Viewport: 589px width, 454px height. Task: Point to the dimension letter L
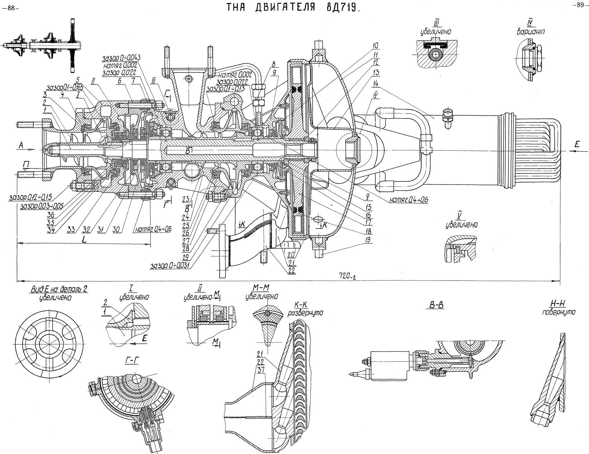[83, 240]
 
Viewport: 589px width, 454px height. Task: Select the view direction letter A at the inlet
[21, 144]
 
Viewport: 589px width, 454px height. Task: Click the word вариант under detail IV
[530, 31]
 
